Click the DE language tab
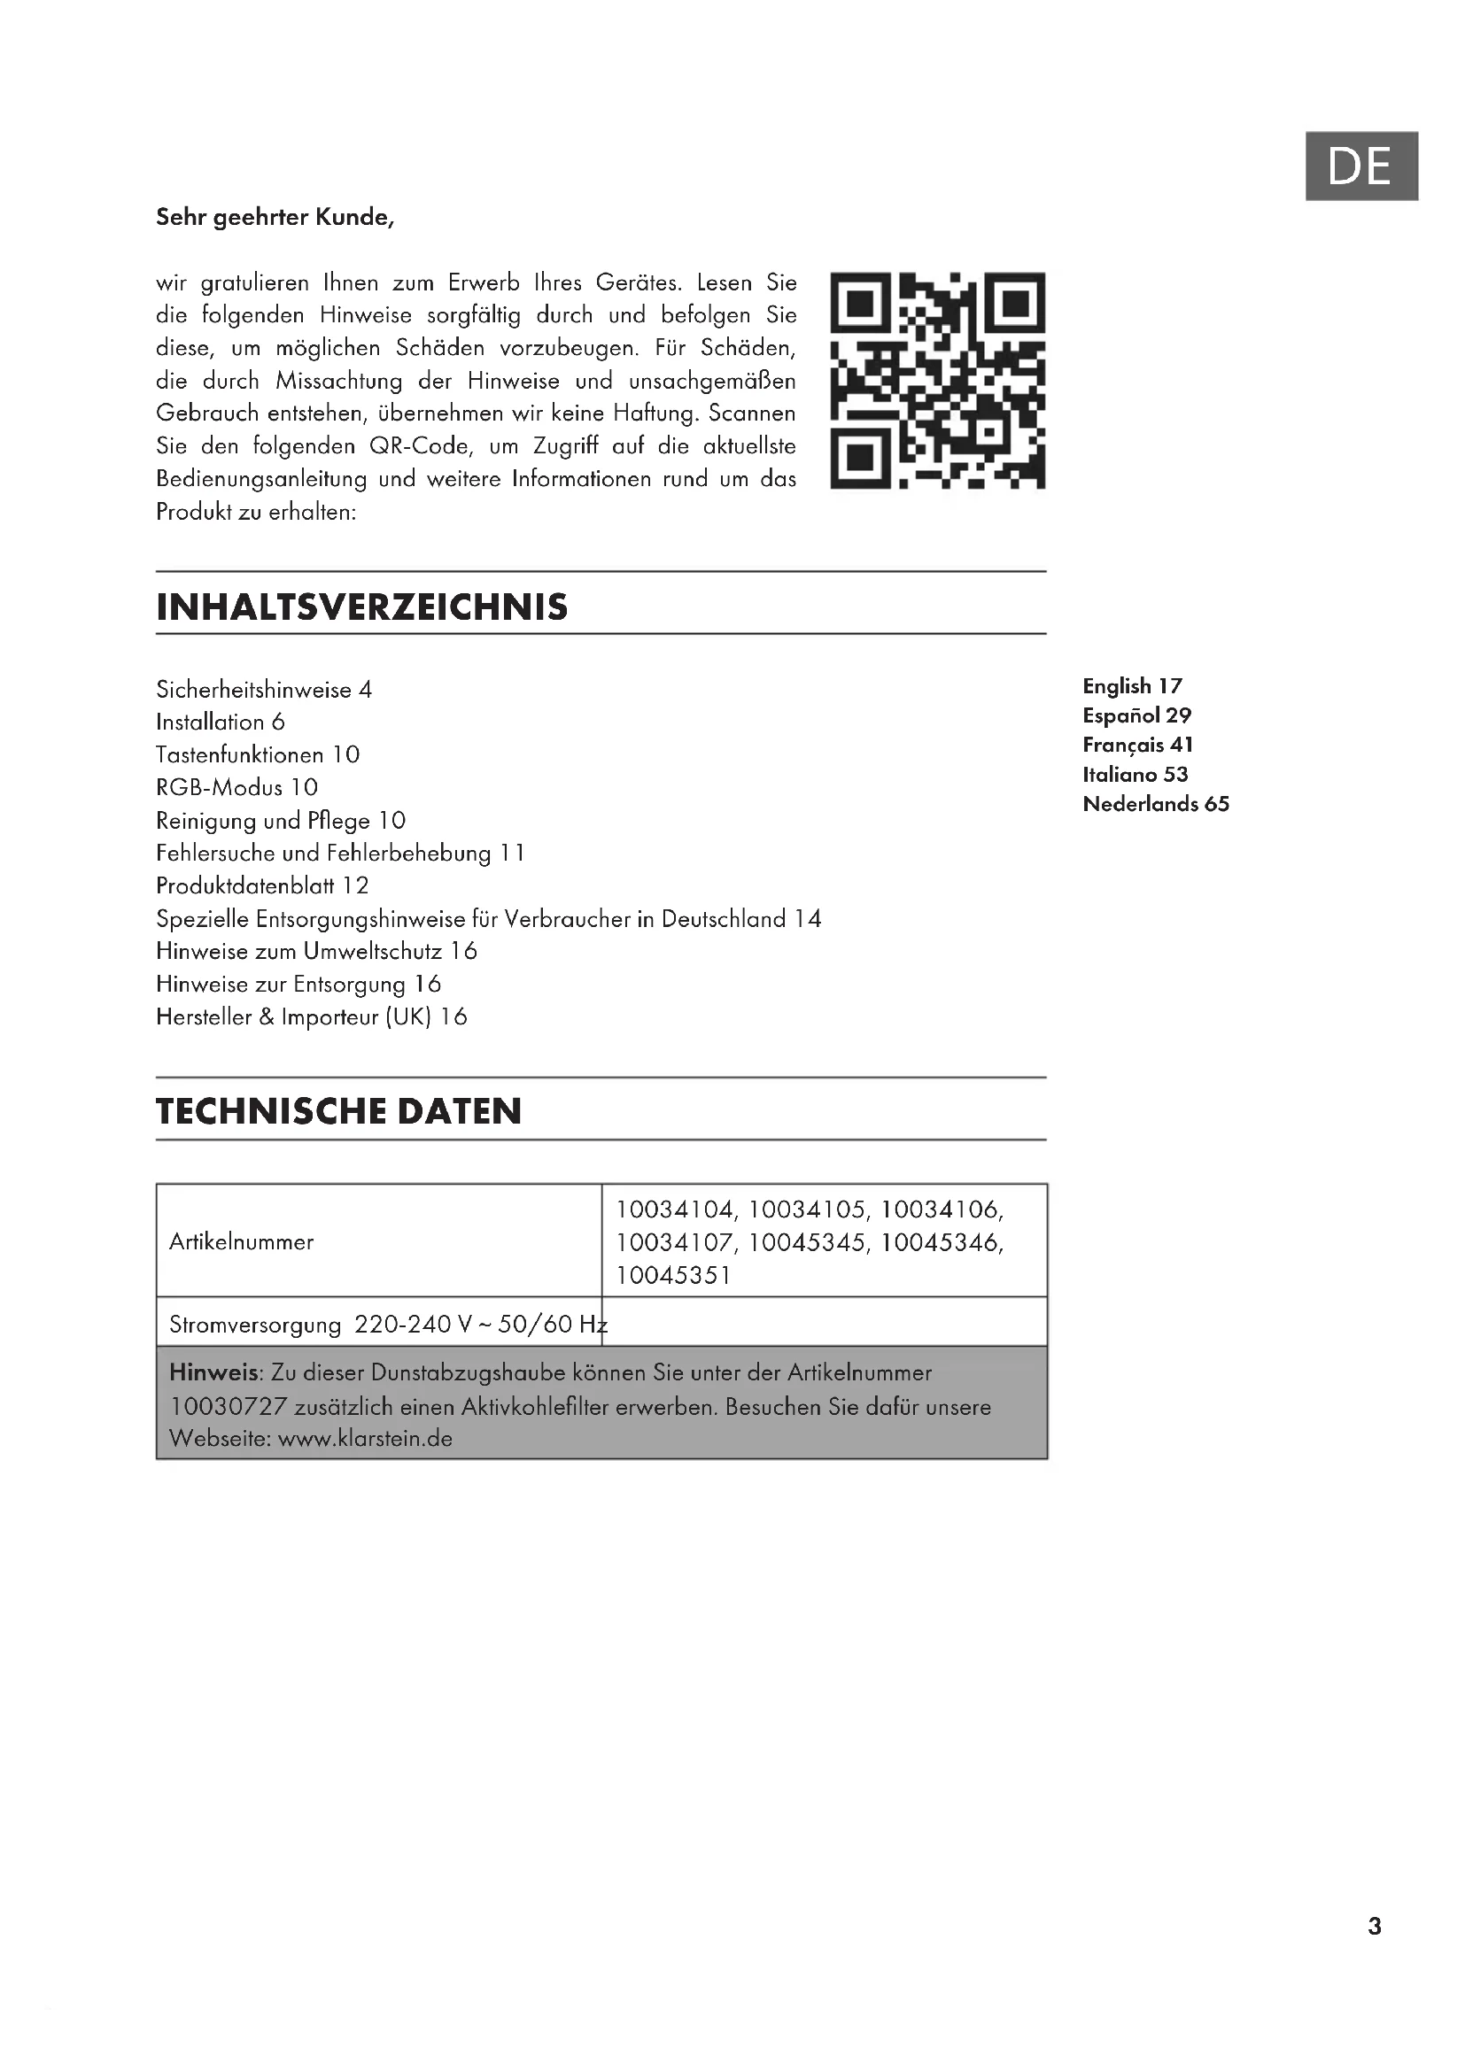(1360, 166)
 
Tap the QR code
(937, 380)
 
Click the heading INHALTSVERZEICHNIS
(361, 607)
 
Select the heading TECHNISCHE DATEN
(338, 1111)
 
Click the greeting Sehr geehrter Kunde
(275, 218)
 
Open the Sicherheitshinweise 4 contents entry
(263, 690)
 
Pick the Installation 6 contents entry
(221, 723)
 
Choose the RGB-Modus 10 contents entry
(236, 787)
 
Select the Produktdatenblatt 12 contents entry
(262, 885)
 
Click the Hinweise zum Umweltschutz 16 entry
(315, 952)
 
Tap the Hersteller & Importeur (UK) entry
(311, 1017)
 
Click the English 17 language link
(1132, 686)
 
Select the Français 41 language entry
(1137, 745)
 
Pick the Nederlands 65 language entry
(1156, 804)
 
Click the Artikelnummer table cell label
(241, 1242)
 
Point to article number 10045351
(673, 1275)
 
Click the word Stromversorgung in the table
(255, 1325)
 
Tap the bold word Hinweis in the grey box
(213, 1374)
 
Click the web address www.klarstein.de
(364, 1439)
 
